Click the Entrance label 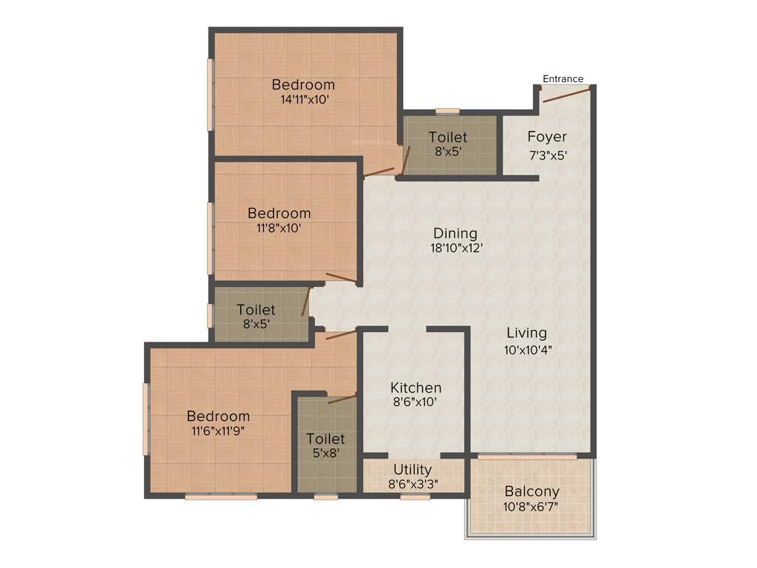coord(563,79)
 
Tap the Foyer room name coord(547,137)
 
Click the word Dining coord(455,234)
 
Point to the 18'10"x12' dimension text coord(457,249)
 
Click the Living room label coord(526,333)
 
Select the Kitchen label coord(415,388)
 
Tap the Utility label coord(413,470)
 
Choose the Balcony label coord(532,491)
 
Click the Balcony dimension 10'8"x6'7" coord(532,507)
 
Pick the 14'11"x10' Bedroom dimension coord(303,99)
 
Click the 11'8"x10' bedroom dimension coord(279,228)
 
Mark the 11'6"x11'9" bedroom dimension coord(218,431)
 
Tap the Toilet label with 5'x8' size coord(325,439)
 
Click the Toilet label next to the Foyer coord(448,138)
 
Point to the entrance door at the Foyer coord(566,93)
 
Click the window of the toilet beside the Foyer coord(447,112)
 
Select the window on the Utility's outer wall coord(415,497)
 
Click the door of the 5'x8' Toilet coord(341,399)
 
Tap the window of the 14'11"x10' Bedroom coord(211,95)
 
